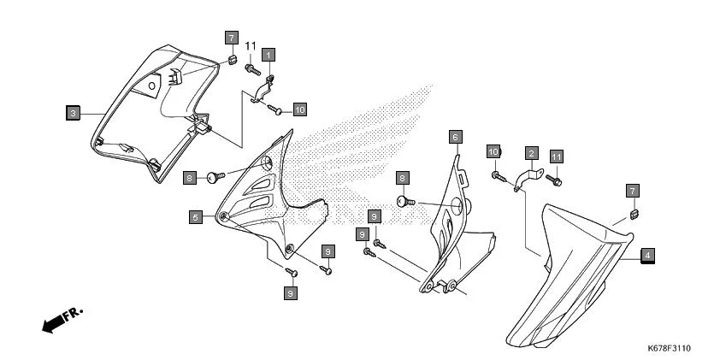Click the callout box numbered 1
coord(268,55)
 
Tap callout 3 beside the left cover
coord(74,112)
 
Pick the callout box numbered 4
coord(647,255)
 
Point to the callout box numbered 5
coord(196,218)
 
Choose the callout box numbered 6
coord(456,137)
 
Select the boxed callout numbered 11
coord(557,157)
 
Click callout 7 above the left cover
coord(231,38)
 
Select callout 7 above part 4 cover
coord(632,190)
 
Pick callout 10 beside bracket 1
coord(299,109)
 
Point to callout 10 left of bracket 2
coord(493,151)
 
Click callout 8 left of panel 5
coord(189,177)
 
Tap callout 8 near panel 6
coord(402,178)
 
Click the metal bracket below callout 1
coord(266,88)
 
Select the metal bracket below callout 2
coord(529,178)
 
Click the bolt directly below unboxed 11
coord(251,67)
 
